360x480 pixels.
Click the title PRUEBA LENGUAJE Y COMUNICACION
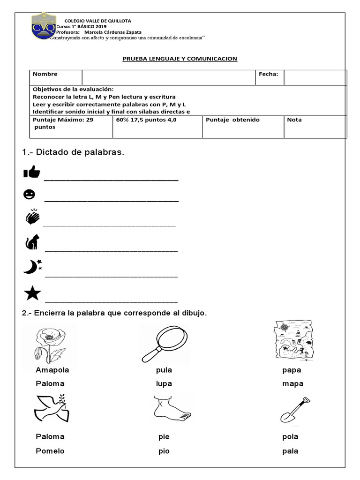[180, 59]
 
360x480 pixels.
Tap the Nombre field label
[45, 74]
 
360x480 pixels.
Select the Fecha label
[269, 74]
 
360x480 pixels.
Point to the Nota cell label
[294, 120]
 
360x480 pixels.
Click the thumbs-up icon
[32, 173]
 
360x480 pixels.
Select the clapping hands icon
[33, 217]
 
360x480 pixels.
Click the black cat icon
[32, 243]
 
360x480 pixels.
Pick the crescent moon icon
[32, 267]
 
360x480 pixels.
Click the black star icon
[32, 293]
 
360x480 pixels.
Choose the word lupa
[164, 383]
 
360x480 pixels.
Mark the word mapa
[293, 383]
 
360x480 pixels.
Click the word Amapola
[52, 370]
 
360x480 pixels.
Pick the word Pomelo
[50, 451]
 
